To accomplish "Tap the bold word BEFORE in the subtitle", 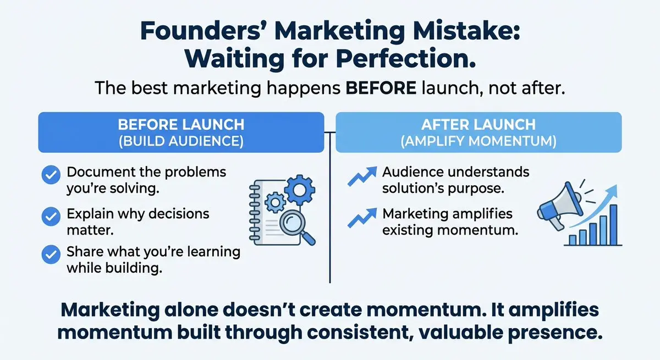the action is click(x=381, y=88).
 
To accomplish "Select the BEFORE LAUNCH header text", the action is click(x=181, y=125).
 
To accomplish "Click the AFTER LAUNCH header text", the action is click(x=479, y=125).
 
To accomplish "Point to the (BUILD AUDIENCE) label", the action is click(x=181, y=141).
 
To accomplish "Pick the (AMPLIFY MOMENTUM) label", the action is click(x=479, y=141).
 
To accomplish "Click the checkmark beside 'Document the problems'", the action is click(x=51, y=175).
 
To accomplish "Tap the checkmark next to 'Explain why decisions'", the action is click(x=51, y=217).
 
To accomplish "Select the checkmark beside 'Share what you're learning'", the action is click(x=51, y=254).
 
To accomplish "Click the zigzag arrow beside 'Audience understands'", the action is click(x=362, y=176).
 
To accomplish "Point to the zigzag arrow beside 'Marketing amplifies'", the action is click(x=362, y=218).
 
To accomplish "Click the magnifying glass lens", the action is click(x=291, y=222).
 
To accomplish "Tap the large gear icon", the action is click(x=300, y=190).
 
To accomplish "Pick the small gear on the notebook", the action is click(x=275, y=202).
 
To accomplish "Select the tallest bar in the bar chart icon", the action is click(x=613, y=225).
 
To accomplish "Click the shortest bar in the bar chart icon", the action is click(x=573, y=240).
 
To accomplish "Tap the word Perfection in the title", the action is click(x=405, y=59).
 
